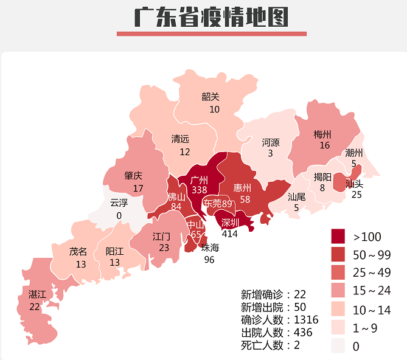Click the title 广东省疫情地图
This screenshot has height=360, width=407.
(x=211, y=18)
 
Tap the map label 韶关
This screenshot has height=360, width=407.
(x=210, y=96)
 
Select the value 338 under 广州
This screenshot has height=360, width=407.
(x=200, y=190)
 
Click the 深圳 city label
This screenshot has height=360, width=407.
(x=230, y=222)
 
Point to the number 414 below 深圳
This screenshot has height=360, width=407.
(x=230, y=233)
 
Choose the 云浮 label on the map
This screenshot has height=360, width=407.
(x=119, y=203)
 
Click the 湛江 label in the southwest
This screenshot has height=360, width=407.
(x=37, y=295)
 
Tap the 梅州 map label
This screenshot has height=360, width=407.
(x=322, y=134)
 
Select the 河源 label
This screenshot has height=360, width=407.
(x=271, y=142)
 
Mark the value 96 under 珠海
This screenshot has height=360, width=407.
(x=210, y=259)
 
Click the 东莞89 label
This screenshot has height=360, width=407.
(x=218, y=204)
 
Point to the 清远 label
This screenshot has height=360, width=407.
(x=181, y=139)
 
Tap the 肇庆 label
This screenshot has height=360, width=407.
(x=133, y=176)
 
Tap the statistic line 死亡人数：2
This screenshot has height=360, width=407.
(x=270, y=345)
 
